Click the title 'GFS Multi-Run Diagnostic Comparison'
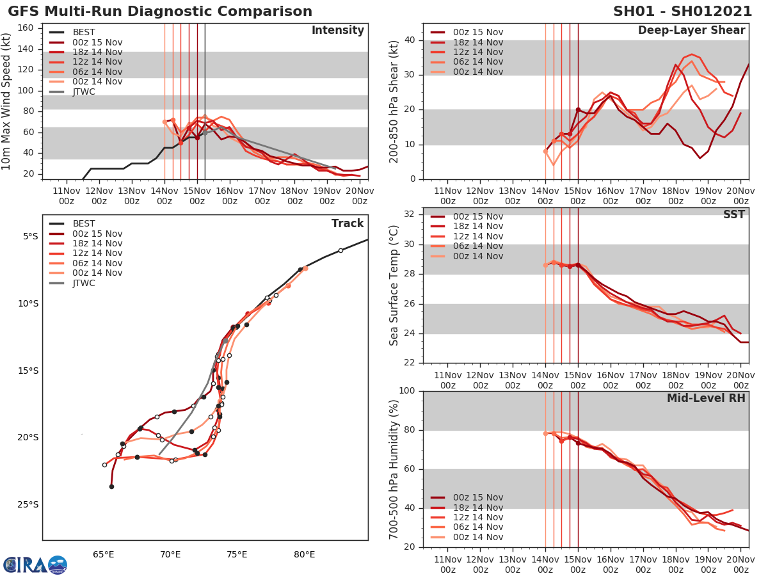click(160, 12)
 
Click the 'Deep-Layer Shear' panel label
click(691, 31)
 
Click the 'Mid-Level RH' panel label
click(706, 398)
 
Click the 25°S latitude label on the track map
click(28, 504)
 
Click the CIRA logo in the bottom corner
click(35, 564)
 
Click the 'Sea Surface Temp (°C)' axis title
click(394, 285)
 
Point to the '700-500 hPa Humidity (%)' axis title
click(394, 469)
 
